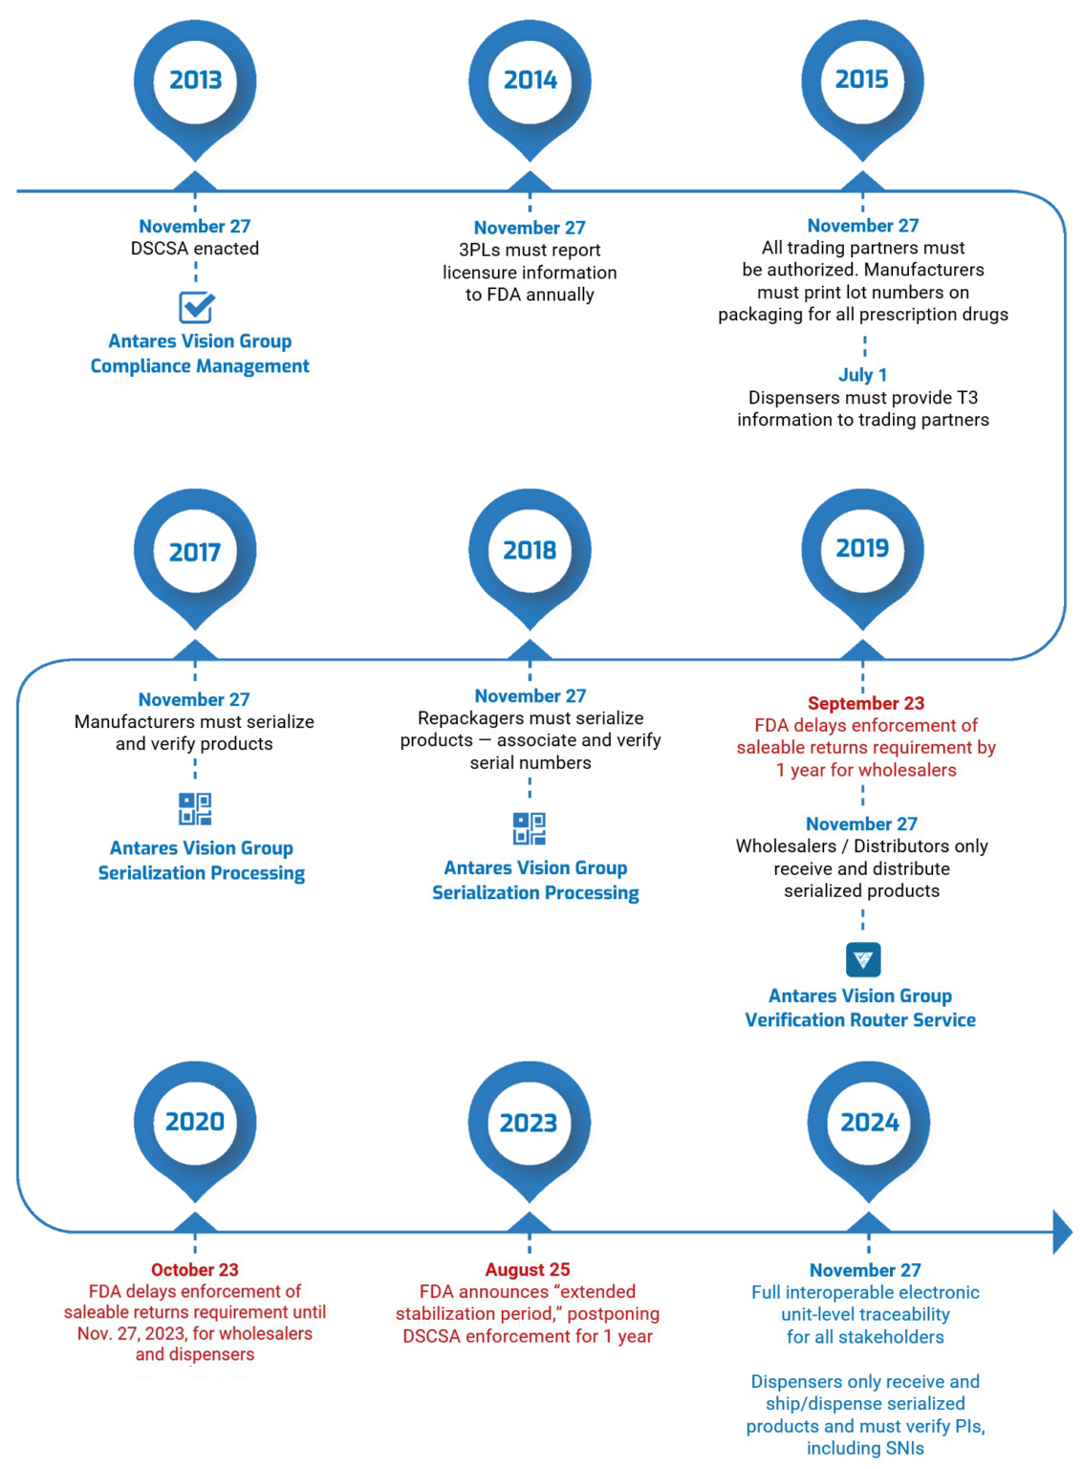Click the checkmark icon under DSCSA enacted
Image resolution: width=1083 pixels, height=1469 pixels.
[196, 307]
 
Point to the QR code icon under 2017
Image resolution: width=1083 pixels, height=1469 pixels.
[195, 809]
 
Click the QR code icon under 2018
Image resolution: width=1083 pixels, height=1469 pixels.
[530, 828]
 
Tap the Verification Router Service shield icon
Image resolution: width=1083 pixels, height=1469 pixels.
[862, 959]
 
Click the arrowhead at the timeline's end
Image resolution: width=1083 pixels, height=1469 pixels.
[1061, 1232]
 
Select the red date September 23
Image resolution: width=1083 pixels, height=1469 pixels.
[865, 703]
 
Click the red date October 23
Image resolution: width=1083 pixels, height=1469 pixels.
[195, 1269]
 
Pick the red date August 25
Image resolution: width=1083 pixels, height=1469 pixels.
[528, 1269]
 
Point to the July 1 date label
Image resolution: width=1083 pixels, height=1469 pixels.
[862, 375]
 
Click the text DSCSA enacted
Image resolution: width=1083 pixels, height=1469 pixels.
[195, 249]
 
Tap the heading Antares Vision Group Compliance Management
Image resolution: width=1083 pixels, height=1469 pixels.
[200, 354]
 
